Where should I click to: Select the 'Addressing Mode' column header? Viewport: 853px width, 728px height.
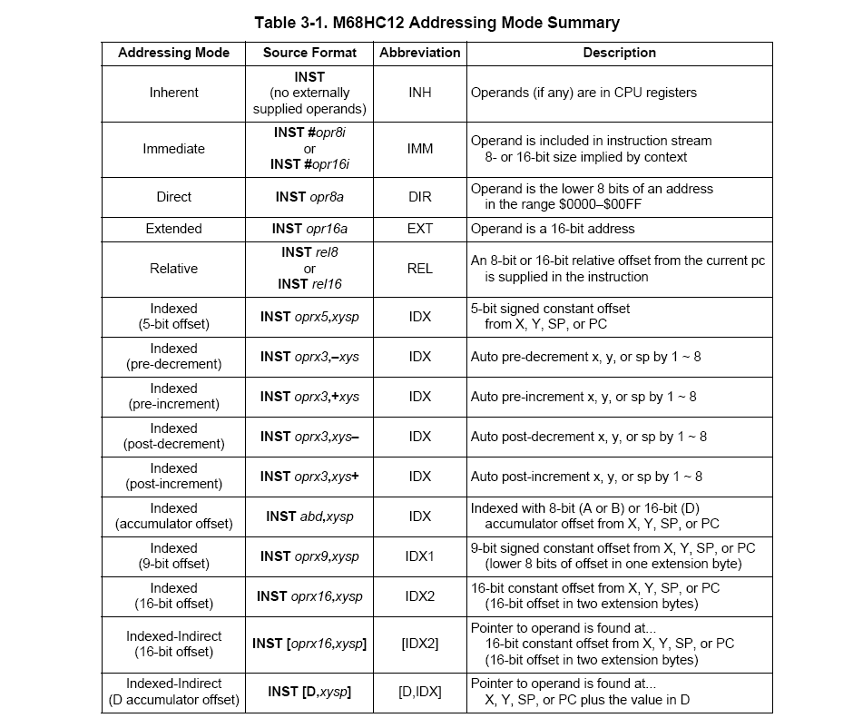(173, 54)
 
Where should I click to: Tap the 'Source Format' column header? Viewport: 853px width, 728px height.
(309, 54)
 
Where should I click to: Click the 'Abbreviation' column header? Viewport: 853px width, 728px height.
(420, 54)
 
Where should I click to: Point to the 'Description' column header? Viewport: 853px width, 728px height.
(619, 54)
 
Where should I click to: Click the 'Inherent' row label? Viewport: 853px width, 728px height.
(173, 93)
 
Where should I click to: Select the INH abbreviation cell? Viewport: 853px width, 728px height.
(420, 93)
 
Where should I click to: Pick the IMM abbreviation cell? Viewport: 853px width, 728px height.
(420, 149)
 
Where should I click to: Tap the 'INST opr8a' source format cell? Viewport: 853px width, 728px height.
(309, 197)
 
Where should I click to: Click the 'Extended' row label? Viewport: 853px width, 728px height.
(173, 229)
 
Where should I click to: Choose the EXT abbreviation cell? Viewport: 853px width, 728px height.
(420, 229)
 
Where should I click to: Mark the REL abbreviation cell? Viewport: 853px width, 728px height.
(420, 269)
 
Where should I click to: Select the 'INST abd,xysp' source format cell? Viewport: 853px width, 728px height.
(309, 516)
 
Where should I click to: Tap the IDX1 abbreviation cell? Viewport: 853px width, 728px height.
(420, 556)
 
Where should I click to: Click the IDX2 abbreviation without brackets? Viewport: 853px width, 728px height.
(420, 596)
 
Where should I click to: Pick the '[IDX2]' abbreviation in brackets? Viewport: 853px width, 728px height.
(420, 644)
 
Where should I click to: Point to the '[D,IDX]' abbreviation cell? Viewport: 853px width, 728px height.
(420, 692)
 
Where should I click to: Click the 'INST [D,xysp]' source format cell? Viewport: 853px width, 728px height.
(309, 692)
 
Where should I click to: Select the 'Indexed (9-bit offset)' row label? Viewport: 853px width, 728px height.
(173, 556)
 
